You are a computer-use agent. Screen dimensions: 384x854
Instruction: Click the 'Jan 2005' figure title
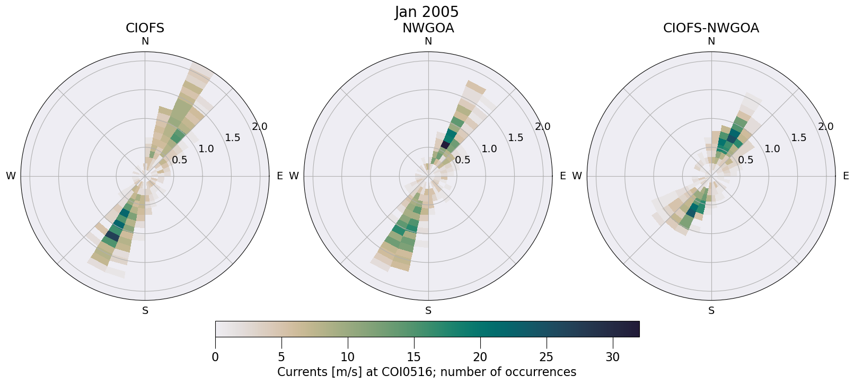(x=427, y=12)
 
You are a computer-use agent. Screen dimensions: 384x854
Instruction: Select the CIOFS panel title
(x=145, y=28)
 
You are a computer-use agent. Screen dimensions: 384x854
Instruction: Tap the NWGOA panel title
(x=428, y=28)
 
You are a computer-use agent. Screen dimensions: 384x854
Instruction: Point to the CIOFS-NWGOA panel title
(x=711, y=28)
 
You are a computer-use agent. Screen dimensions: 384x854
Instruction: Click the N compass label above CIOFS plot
(x=145, y=41)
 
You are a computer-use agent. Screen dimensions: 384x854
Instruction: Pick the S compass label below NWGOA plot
(x=428, y=311)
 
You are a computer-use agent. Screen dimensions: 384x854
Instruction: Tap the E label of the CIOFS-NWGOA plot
(x=846, y=176)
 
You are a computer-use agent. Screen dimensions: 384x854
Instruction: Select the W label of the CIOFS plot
(x=11, y=176)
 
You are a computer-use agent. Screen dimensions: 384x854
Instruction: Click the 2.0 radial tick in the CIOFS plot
(x=260, y=127)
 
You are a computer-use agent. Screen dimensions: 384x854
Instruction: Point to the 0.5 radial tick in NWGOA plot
(x=463, y=160)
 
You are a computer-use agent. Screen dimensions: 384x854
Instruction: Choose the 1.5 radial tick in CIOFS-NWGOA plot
(x=799, y=138)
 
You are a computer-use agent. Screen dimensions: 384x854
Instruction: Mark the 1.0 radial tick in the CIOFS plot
(x=206, y=149)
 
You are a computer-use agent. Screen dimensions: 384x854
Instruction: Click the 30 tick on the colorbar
(x=613, y=357)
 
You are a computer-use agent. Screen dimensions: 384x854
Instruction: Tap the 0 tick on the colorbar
(x=215, y=357)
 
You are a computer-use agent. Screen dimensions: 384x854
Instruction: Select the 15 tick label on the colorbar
(x=414, y=357)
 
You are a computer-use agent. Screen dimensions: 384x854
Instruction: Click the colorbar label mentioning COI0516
(x=427, y=372)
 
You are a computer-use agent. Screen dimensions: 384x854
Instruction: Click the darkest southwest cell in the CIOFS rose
(x=112, y=234)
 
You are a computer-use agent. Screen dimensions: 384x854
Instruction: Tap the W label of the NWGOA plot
(x=294, y=176)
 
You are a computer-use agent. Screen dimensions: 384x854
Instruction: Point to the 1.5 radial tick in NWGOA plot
(x=516, y=138)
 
